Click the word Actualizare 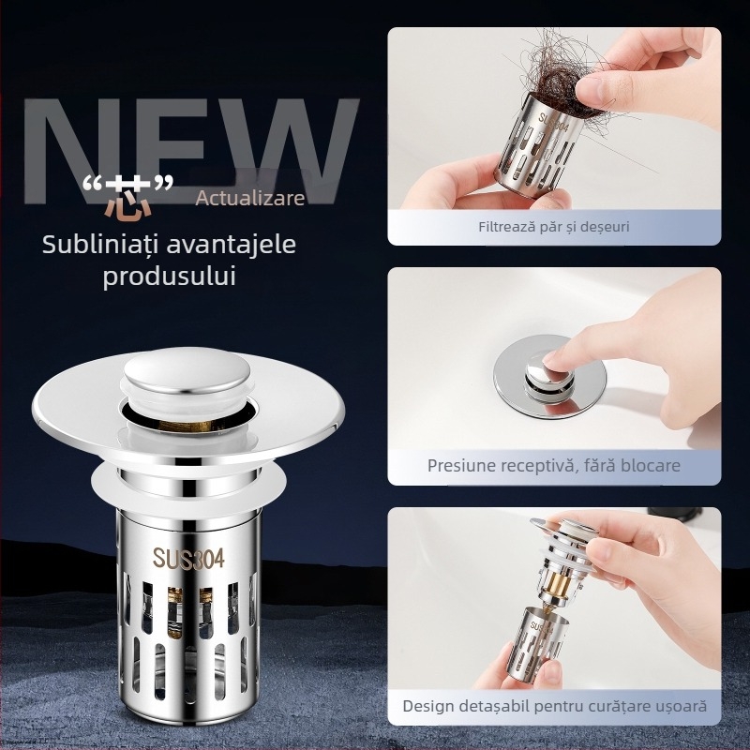coord(250,198)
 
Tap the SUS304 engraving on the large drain coord(189,559)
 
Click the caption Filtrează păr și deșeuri coord(554,226)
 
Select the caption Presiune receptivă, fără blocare coord(554,465)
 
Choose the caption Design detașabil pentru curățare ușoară coord(554,705)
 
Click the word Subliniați coord(97,245)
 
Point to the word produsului coord(169,277)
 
